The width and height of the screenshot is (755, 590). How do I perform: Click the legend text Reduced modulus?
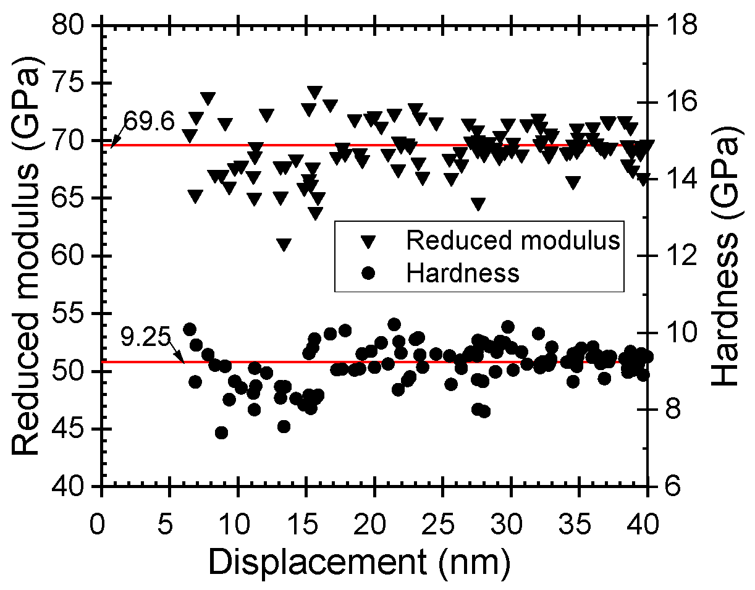(x=512, y=241)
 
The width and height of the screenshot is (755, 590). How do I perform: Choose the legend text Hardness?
(x=463, y=272)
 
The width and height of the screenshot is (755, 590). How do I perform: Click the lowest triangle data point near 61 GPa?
(x=284, y=245)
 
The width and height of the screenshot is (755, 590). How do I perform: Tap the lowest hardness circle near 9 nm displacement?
(x=221, y=432)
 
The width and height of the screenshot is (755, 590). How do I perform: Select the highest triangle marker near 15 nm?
(x=314, y=92)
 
